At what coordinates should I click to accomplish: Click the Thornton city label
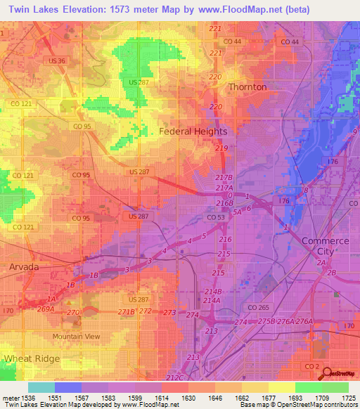(247, 86)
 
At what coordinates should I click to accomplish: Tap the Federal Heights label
(193, 131)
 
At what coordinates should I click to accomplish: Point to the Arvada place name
(25, 267)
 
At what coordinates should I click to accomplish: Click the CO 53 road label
(216, 218)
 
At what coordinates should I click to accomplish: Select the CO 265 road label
(258, 307)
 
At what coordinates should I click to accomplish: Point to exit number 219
(221, 148)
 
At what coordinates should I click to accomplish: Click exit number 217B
(224, 178)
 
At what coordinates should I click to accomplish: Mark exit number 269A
(45, 309)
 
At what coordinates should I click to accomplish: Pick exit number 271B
(126, 311)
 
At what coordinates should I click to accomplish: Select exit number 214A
(212, 300)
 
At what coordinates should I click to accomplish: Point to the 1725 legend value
(346, 398)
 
